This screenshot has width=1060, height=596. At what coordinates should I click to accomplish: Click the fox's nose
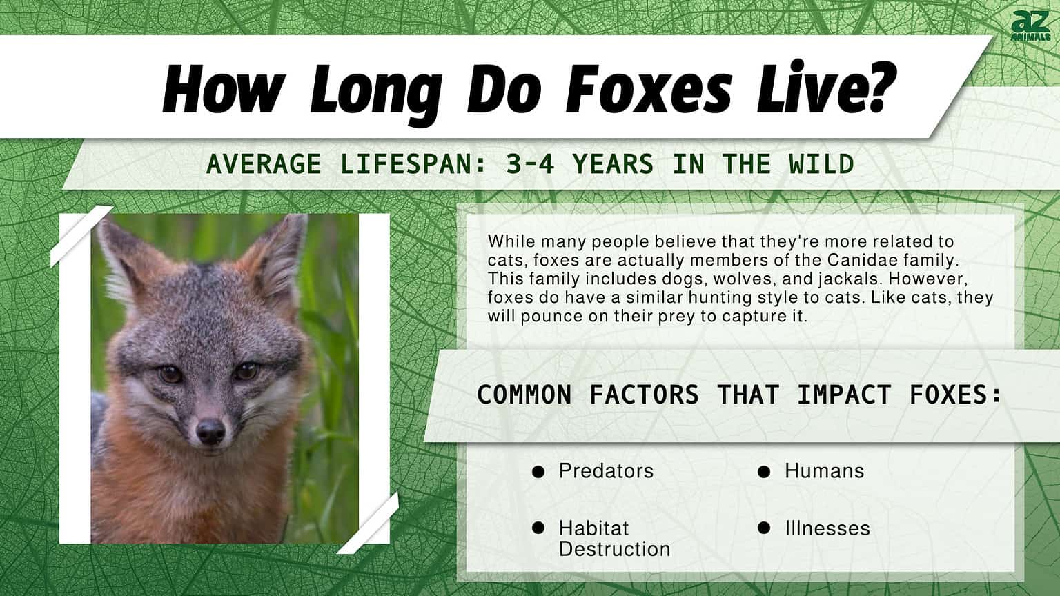point(210,431)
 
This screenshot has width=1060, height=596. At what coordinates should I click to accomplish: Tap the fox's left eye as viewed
point(170,375)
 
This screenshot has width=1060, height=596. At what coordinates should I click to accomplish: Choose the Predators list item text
point(606,471)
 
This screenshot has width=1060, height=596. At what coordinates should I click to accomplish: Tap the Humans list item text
point(824,471)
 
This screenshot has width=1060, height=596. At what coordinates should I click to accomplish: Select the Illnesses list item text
point(827,528)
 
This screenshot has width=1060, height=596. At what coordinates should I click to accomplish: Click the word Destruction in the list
point(614,549)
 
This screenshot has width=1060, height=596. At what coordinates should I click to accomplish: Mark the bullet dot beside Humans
point(764,472)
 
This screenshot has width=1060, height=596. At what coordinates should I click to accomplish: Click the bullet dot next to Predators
point(538,472)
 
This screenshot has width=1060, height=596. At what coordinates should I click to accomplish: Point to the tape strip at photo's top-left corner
point(81,235)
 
